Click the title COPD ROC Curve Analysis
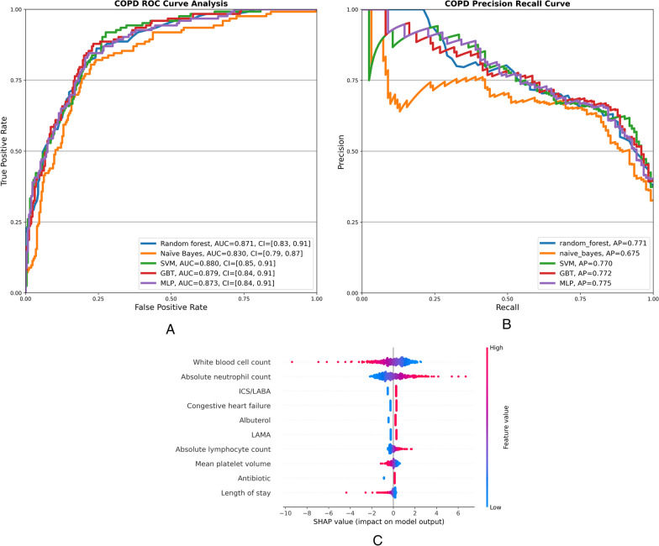click(171, 3)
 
